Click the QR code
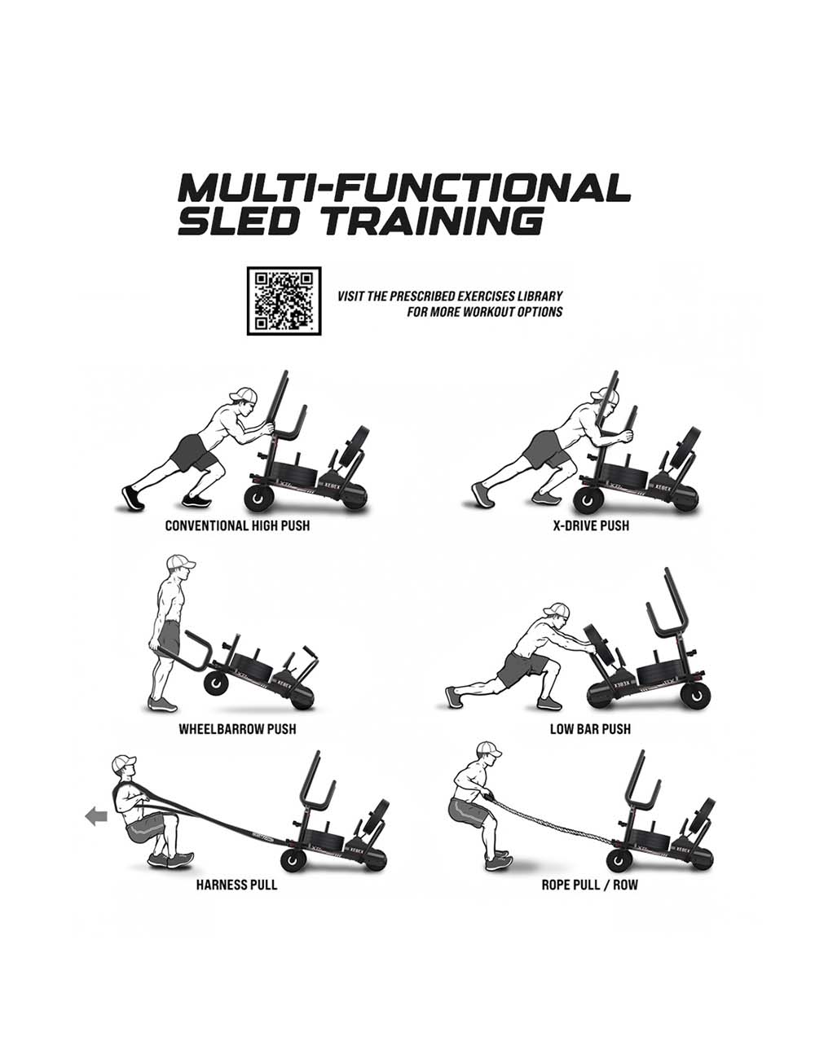pyautogui.click(x=284, y=301)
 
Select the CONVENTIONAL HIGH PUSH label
pyautogui.click(x=237, y=526)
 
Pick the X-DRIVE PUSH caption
pyautogui.click(x=591, y=526)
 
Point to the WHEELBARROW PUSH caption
pyautogui.click(x=237, y=729)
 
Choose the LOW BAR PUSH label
pyautogui.click(x=590, y=729)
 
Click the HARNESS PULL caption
pyautogui.click(x=236, y=885)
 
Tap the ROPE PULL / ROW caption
pyautogui.click(x=590, y=885)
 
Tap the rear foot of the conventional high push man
pyautogui.click(x=130, y=496)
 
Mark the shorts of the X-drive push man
pyautogui.click(x=543, y=447)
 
